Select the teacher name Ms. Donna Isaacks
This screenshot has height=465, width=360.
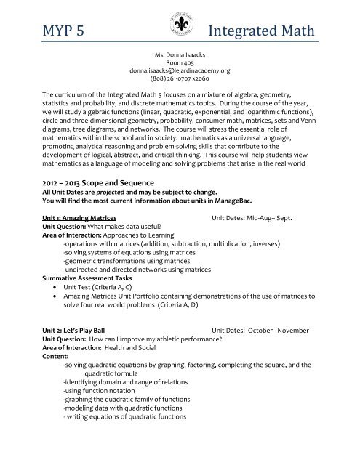[179, 55]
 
